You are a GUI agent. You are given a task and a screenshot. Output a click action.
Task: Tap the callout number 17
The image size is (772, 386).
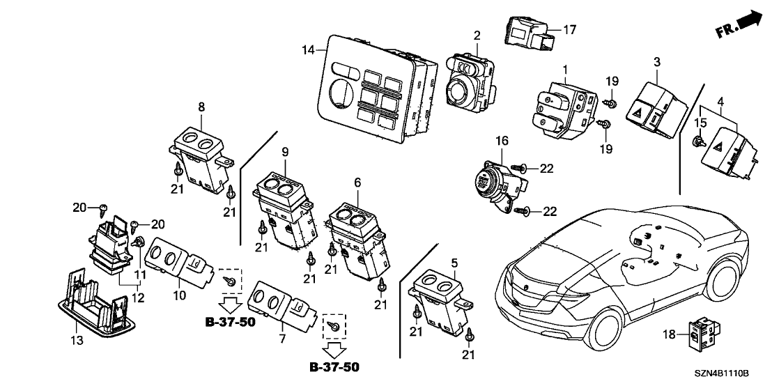click(569, 30)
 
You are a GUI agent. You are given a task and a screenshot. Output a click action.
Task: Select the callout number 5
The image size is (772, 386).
click(454, 263)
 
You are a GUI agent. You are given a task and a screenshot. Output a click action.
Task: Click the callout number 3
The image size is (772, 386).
click(656, 63)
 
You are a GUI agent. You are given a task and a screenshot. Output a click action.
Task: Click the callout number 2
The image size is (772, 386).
click(477, 35)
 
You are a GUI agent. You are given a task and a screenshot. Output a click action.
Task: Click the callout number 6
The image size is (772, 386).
click(357, 181)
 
